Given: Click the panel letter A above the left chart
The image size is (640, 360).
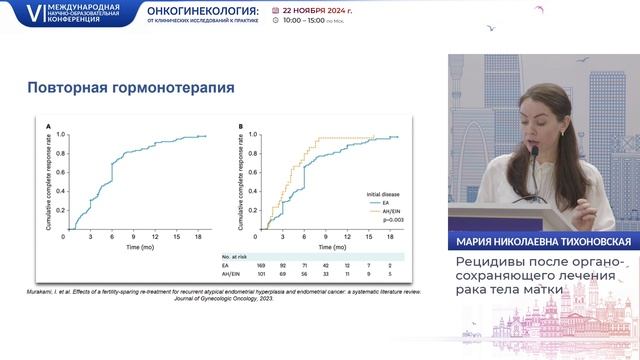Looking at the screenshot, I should tap(48, 126).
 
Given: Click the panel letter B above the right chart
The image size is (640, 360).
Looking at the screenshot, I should tap(241, 126).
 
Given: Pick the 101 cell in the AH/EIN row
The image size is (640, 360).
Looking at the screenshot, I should tap(259, 274).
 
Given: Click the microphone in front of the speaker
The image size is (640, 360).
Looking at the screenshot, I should tap(534, 152).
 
